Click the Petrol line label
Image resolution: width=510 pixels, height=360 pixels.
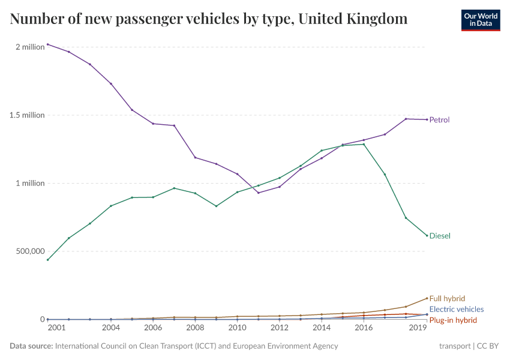pos(439,119)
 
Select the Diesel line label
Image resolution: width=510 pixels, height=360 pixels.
pos(440,236)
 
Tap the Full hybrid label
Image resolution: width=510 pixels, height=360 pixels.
pos(447,298)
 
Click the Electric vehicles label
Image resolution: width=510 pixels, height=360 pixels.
pos(456,309)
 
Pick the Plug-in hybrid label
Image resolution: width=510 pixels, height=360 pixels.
pos(453,320)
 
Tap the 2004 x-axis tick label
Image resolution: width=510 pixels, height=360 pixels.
pos(111,328)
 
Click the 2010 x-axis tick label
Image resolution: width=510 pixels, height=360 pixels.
pos(237,328)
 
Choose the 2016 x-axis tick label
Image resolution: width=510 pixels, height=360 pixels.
pos(364,328)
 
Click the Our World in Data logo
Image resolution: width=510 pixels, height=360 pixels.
pos(480,20)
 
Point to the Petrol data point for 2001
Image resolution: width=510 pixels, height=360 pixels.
pos(48,44)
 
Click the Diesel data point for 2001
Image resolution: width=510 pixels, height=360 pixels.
pos(48,260)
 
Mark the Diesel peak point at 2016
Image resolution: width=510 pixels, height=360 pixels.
pos(364,144)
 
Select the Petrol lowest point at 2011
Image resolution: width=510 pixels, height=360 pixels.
pos(258,193)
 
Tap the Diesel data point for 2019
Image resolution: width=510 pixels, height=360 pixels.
pos(427,235)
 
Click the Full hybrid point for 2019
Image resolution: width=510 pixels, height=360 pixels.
pos(427,298)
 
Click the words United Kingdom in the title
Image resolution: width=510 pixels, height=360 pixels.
pos(352,19)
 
